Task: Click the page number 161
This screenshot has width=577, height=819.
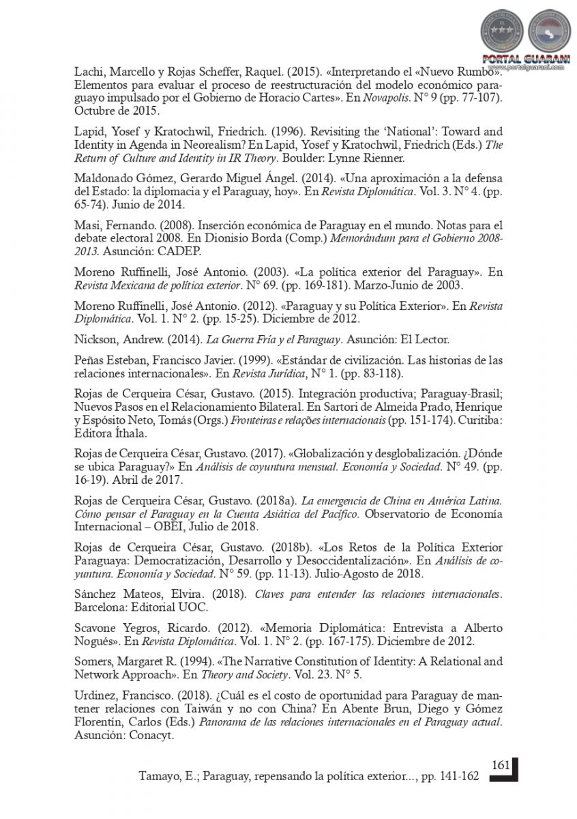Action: (501, 764)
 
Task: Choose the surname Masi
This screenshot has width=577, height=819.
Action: (87, 225)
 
